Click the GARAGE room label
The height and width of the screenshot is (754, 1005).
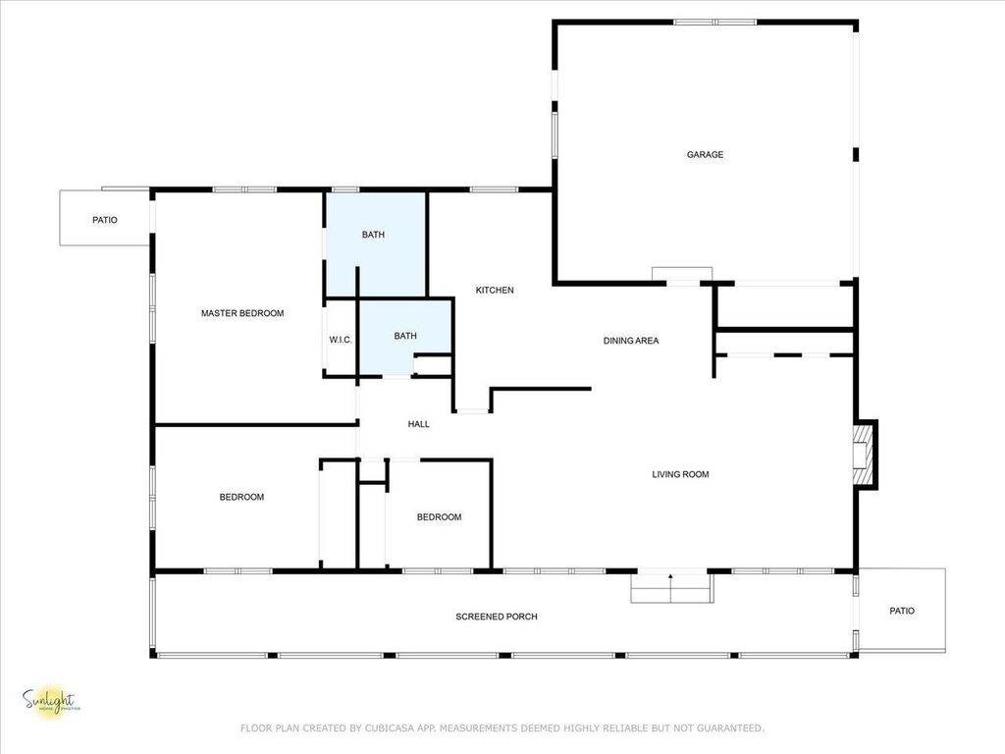pyautogui.click(x=705, y=154)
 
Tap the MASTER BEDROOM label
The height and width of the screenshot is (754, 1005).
pyautogui.click(x=242, y=313)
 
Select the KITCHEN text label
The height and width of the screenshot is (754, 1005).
pyautogui.click(x=495, y=290)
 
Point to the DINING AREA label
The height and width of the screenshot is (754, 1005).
pyautogui.click(x=631, y=341)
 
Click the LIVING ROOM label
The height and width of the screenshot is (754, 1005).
pyautogui.click(x=680, y=474)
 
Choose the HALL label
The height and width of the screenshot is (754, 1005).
pyautogui.click(x=419, y=424)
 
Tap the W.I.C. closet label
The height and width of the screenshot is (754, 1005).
pyautogui.click(x=341, y=340)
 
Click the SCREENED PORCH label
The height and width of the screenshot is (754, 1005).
pyautogui.click(x=497, y=617)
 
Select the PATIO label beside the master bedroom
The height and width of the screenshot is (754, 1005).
pyautogui.click(x=105, y=220)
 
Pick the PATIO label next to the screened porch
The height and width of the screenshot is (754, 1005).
pyautogui.click(x=902, y=611)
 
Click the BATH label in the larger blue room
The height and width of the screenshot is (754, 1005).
pyautogui.click(x=373, y=235)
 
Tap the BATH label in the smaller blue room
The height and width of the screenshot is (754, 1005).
pyautogui.click(x=405, y=336)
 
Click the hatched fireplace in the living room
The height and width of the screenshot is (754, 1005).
pyautogui.click(x=863, y=454)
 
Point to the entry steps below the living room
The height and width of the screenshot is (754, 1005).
pyautogui.click(x=670, y=587)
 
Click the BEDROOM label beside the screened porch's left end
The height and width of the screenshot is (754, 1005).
pyautogui.click(x=241, y=497)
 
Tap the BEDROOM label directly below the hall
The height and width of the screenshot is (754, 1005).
pyautogui.click(x=439, y=517)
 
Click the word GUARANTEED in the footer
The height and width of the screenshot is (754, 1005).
pyautogui.click(x=727, y=728)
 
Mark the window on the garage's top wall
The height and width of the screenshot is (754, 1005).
pyautogui.click(x=714, y=22)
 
